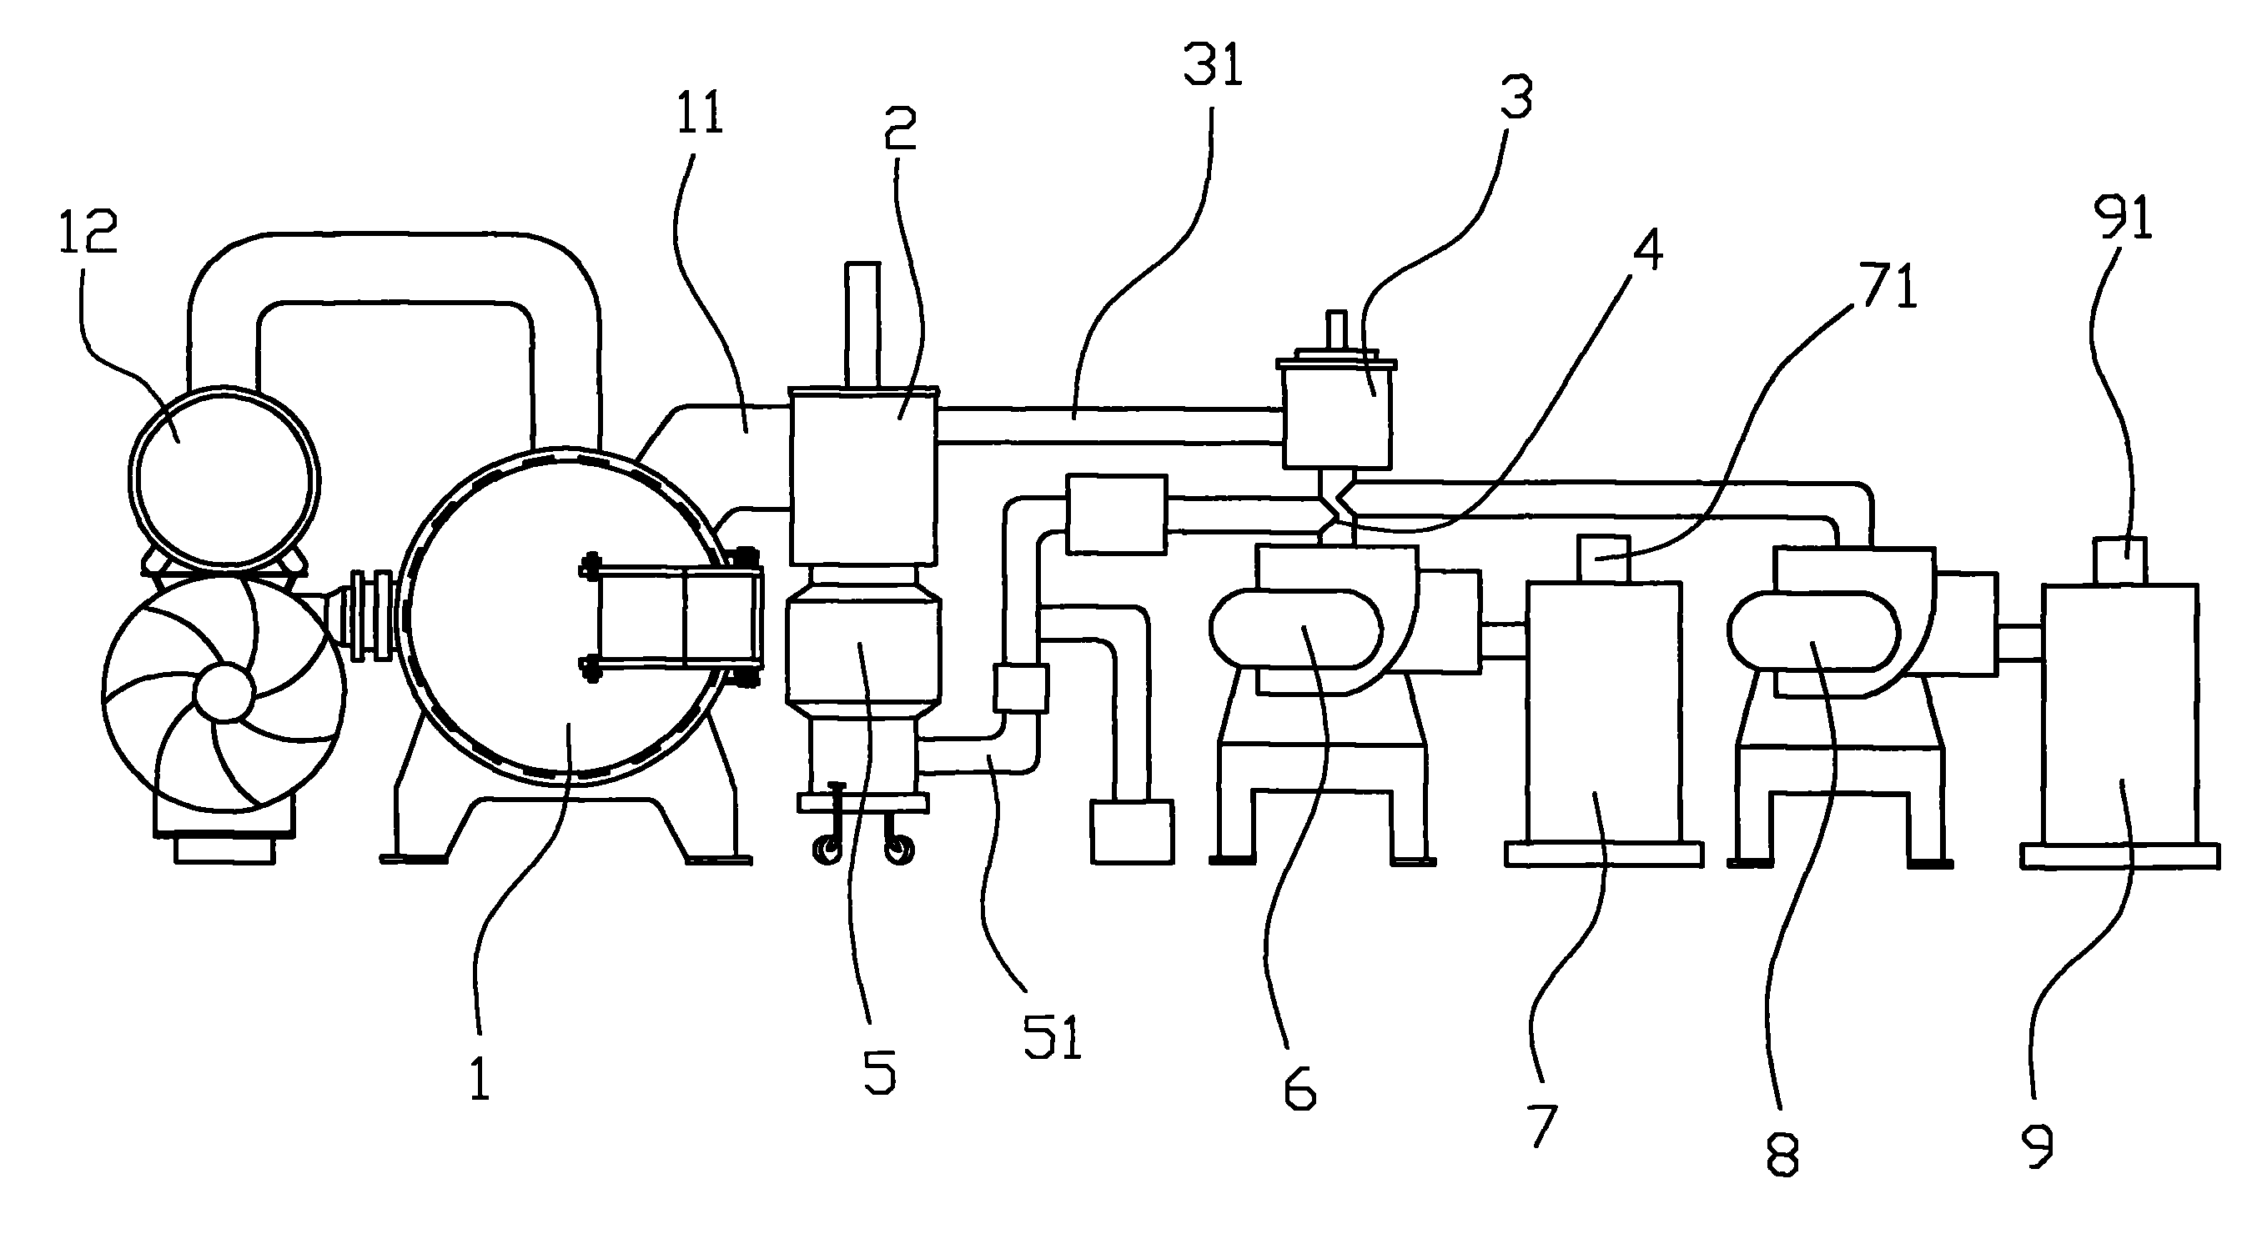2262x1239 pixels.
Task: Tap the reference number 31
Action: pos(1213,66)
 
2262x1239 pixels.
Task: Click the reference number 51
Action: pos(1052,1038)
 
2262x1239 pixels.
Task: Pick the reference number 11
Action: pos(700,114)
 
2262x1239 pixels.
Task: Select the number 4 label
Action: pos(1647,250)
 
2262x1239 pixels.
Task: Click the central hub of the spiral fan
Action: pos(223,693)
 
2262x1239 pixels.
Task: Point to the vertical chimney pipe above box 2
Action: pos(862,324)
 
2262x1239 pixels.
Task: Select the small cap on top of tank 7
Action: pos(1603,559)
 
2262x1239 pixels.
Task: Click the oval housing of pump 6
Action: pos(1296,628)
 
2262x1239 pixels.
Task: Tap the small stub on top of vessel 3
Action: pos(1335,332)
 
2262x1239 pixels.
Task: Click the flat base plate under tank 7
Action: pos(1603,855)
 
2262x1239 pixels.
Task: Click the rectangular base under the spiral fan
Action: pos(225,850)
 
